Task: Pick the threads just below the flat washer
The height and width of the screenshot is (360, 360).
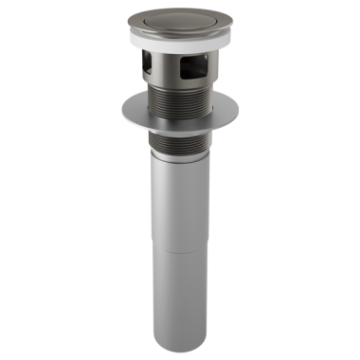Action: click(181, 142)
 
